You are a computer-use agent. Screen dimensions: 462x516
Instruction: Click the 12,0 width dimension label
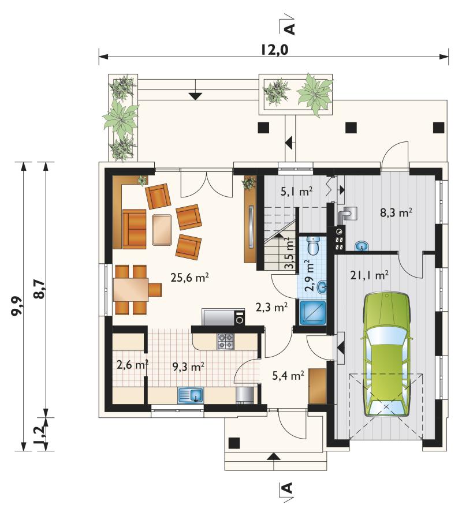[275, 50]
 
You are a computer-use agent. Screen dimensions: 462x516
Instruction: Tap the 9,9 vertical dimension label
[17, 306]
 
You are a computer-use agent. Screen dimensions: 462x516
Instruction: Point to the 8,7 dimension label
[39, 289]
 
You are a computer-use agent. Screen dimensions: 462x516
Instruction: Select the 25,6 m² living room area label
[189, 278]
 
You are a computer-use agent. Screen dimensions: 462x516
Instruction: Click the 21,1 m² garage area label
[370, 275]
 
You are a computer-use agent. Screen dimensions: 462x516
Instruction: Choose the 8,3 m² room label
[396, 213]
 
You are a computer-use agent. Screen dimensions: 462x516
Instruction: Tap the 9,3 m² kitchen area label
[189, 367]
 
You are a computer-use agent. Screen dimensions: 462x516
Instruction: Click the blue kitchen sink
[191, 395]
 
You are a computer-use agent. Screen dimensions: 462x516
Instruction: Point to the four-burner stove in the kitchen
[226, 341]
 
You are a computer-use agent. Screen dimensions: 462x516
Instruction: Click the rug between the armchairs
[162, 230]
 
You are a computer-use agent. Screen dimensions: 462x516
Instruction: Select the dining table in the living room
[131, 290]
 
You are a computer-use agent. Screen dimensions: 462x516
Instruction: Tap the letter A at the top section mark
[289, 29]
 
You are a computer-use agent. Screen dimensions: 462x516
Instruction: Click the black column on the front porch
[234, 443]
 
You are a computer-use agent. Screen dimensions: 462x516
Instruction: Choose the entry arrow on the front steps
[273, 456]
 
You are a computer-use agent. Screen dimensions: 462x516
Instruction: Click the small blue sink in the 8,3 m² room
[362, 245]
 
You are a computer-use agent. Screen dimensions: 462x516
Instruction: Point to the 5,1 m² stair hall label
[296, 191]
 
